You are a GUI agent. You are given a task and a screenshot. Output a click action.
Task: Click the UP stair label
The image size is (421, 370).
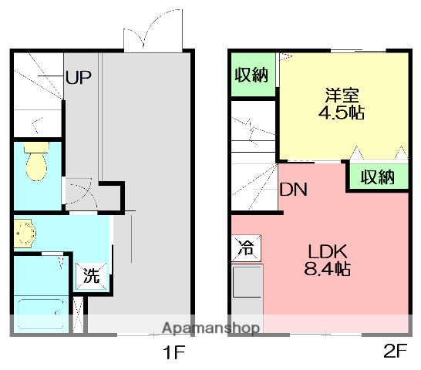coord(78,77)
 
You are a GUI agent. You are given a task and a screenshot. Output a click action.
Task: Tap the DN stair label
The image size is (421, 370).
coord(294,189)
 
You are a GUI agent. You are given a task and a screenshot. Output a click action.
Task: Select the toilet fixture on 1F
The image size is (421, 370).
coord(35,163)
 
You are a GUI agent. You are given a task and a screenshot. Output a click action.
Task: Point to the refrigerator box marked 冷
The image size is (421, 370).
coord(245,249)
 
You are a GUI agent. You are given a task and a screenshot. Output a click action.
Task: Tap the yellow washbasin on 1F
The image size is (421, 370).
coord(25,234)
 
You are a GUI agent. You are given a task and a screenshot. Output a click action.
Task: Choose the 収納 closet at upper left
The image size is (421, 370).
coord(251,76)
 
